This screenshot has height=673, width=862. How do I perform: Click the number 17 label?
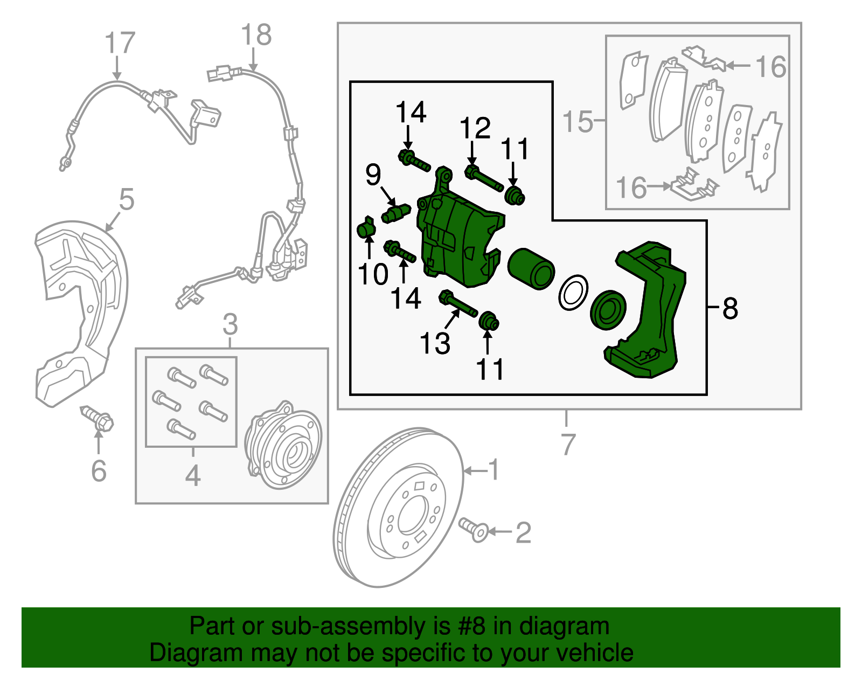click(x=119, y=43)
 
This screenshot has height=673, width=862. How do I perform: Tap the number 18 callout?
click(x=256, y=35)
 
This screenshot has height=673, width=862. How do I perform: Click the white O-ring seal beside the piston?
click(x=573, y=293)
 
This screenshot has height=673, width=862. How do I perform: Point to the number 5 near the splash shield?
click(x=126, y=199)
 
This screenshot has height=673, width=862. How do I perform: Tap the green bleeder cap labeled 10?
click(x=367, y=229)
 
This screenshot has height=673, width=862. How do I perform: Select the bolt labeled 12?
click(x=484, y=180)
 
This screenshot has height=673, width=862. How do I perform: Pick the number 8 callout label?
click(x=730, y=308)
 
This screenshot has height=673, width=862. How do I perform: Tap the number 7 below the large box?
click(x=568, y=444)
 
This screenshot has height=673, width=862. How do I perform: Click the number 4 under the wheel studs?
click(x=192, y=475)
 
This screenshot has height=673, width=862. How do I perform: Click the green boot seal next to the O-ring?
click(x=608, y=310)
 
